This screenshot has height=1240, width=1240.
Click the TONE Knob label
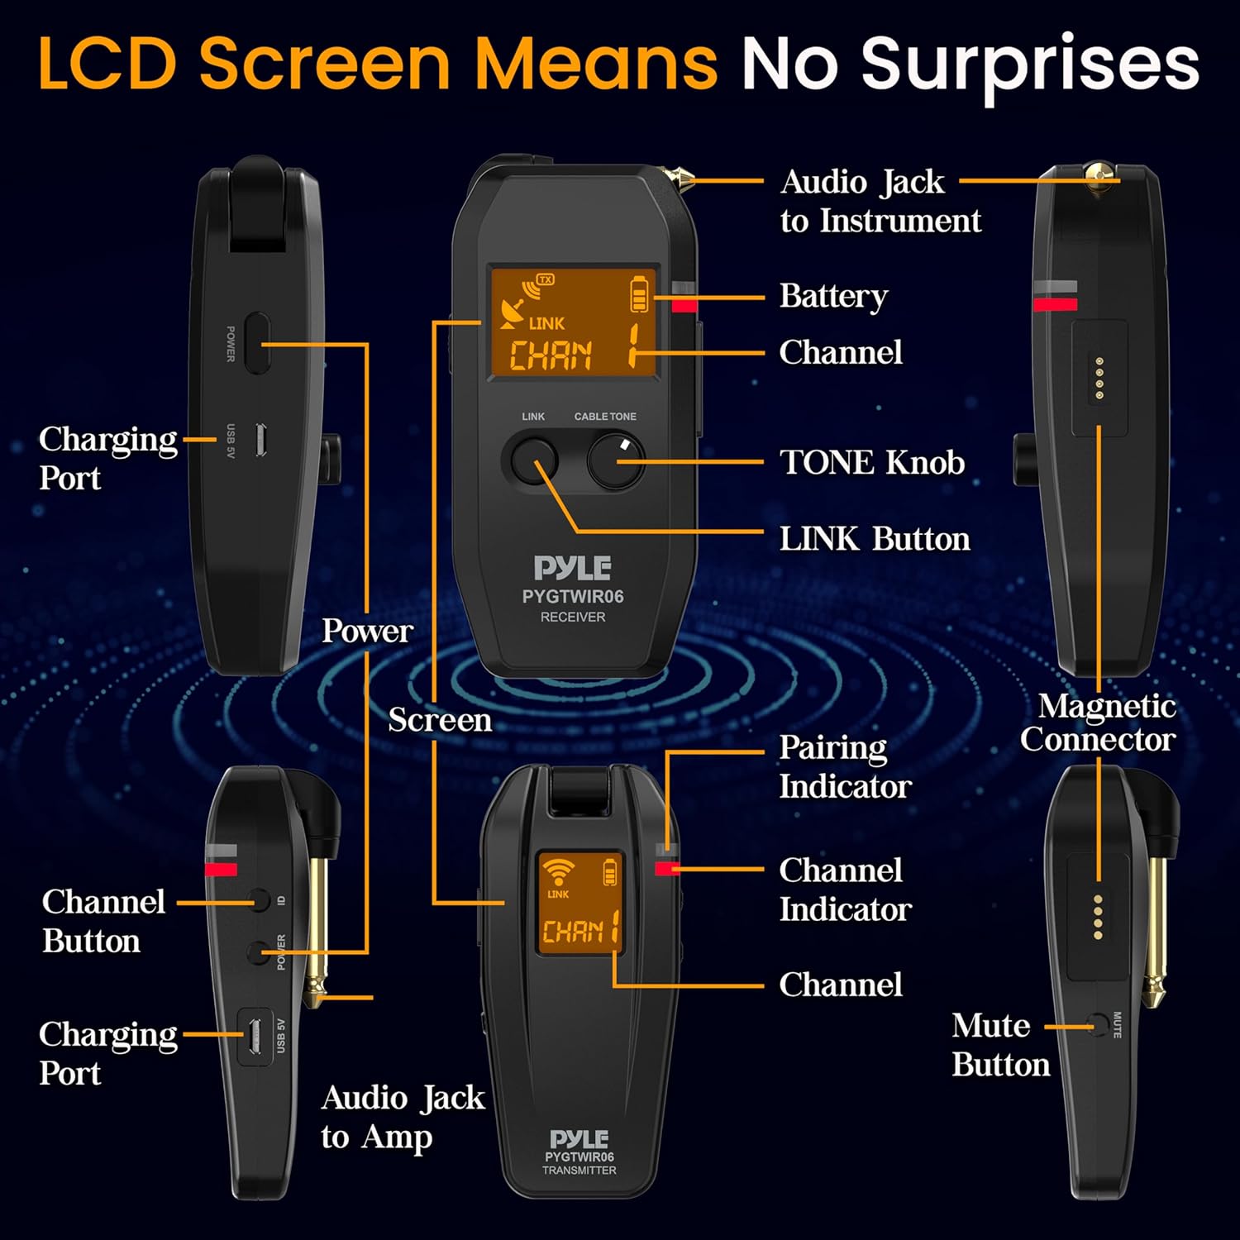872,463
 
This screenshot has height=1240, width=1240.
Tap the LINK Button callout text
875,539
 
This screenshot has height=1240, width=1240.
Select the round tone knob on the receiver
616,461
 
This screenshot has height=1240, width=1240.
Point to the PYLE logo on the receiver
572,568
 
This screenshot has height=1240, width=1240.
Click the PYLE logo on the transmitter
579,1138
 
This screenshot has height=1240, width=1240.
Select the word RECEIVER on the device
573,617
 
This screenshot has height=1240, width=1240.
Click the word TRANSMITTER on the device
579,1171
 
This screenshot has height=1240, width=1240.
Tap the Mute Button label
1000,1045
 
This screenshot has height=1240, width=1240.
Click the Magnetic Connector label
1099,723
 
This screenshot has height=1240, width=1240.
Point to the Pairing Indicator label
845,766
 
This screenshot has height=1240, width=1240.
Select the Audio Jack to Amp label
403,1117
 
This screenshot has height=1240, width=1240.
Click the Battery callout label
833,296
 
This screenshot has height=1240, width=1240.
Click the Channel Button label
103,921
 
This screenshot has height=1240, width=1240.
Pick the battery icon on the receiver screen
639,294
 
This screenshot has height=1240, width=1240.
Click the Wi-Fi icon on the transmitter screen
559,871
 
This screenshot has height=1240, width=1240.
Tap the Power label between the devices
367,631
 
